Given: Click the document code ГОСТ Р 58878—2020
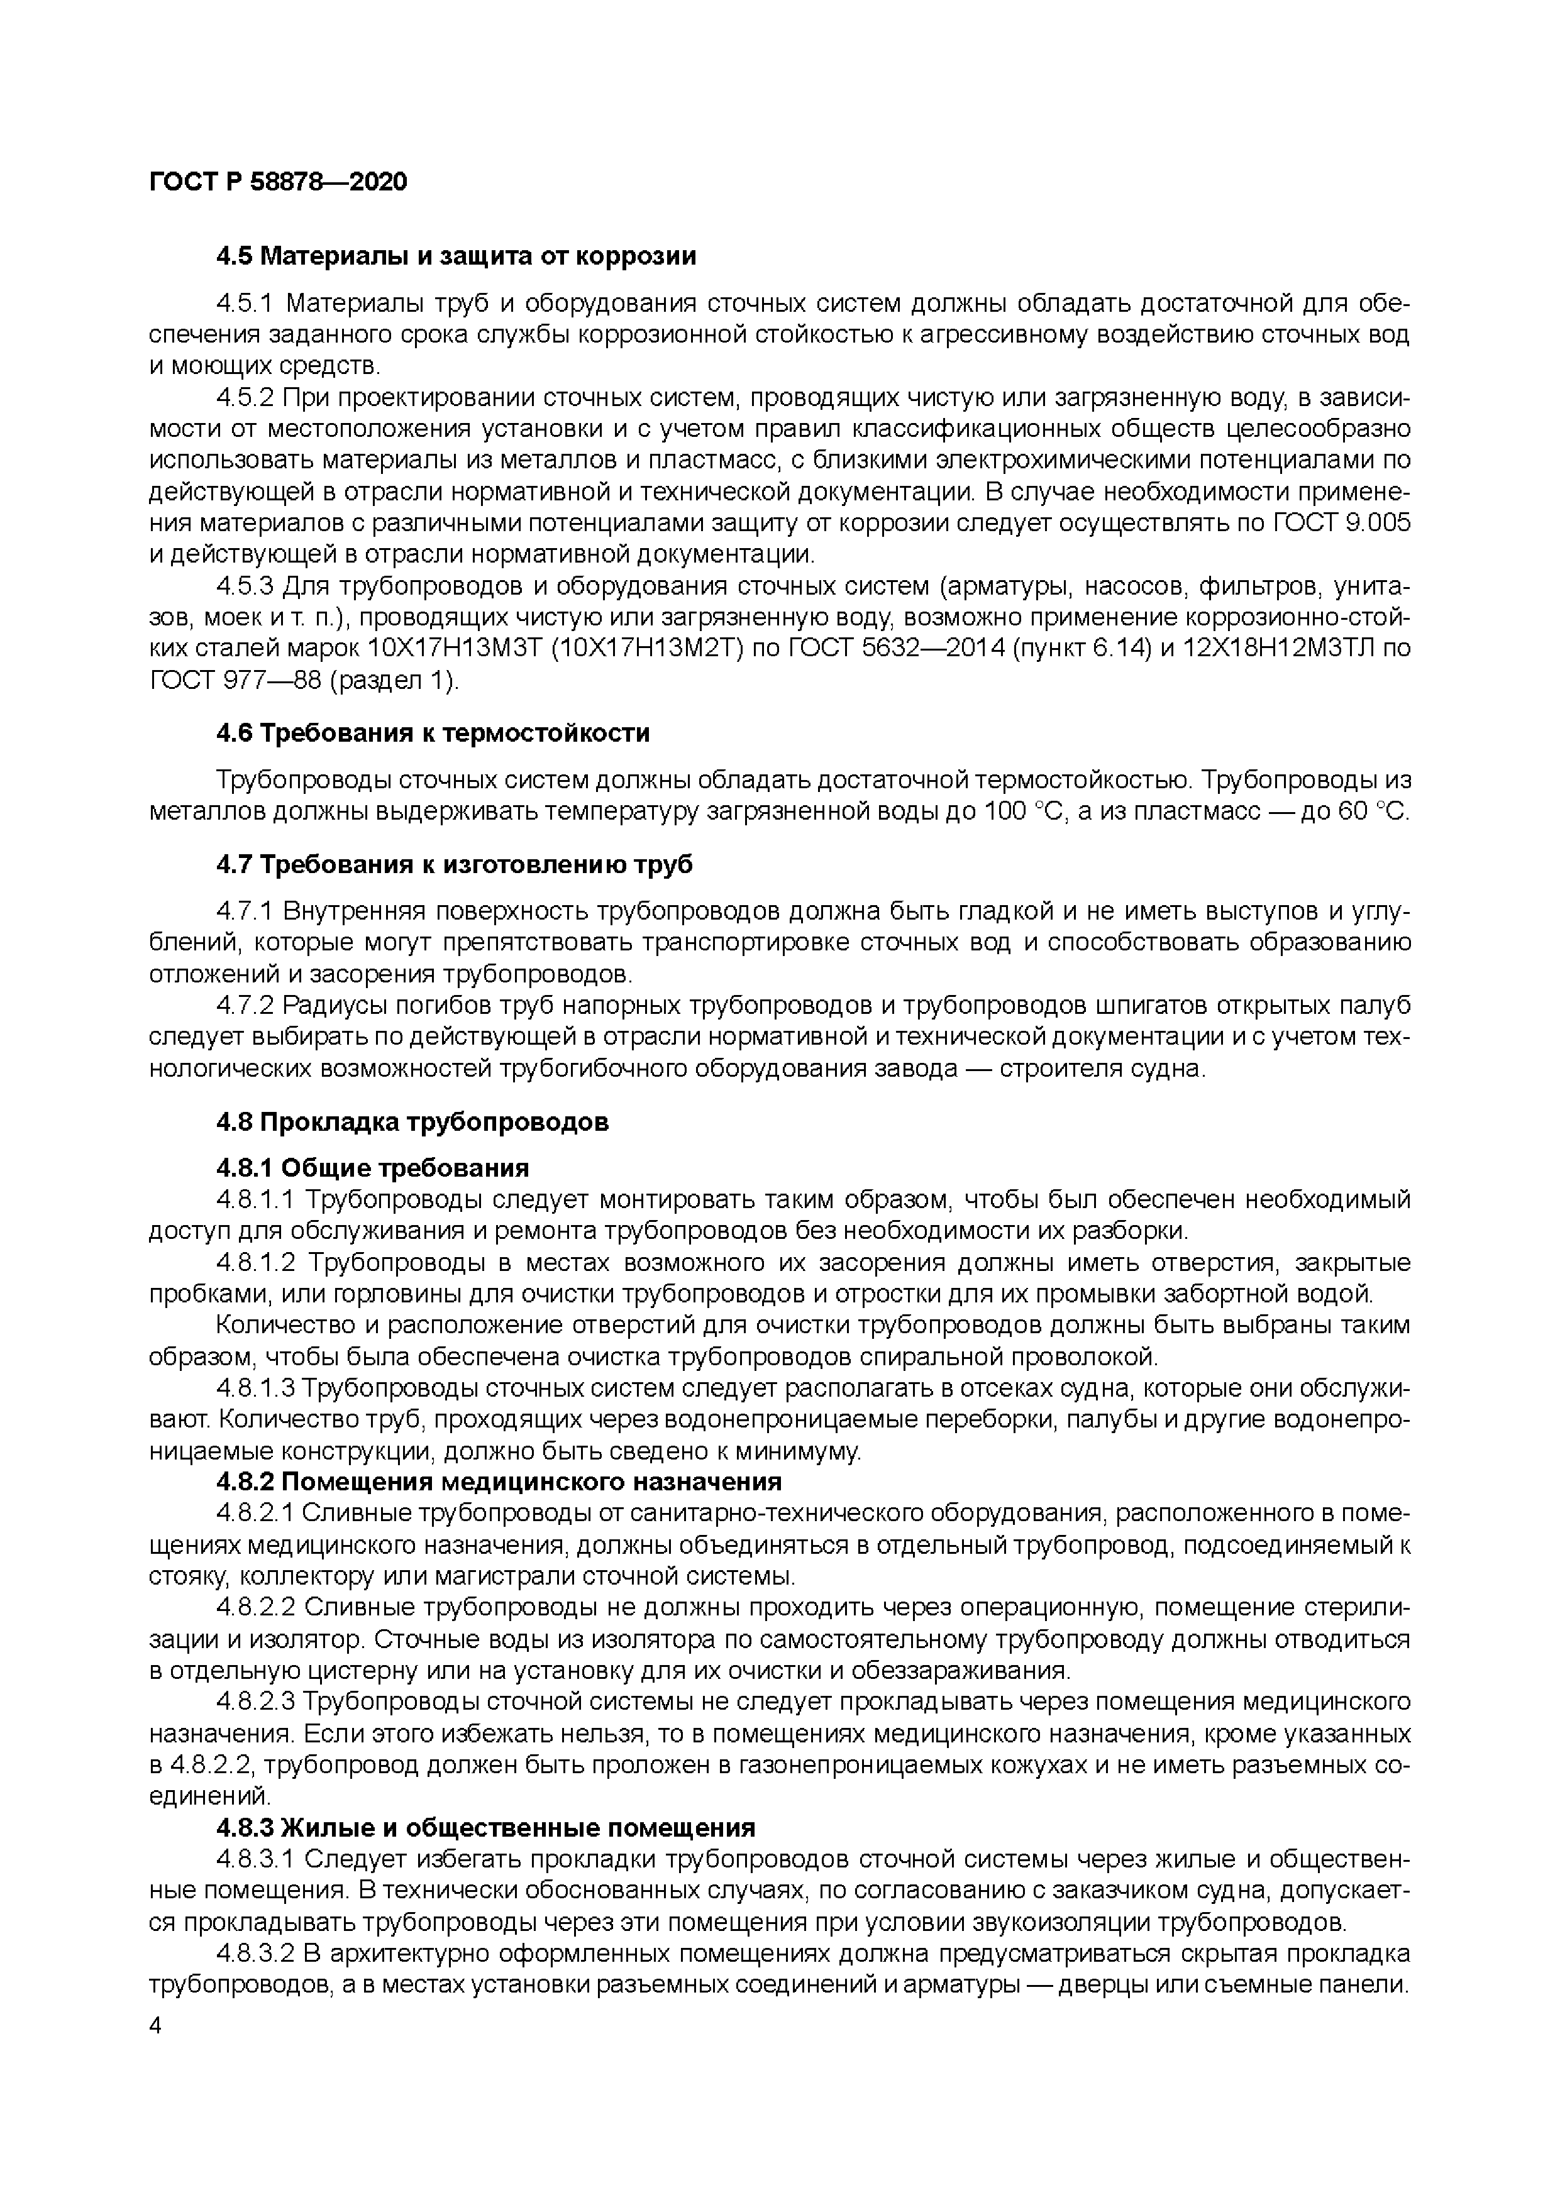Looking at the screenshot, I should [279, 182].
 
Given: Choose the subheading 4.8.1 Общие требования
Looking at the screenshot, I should [373, 1168].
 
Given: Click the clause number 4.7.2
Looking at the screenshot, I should [246, 1006].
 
